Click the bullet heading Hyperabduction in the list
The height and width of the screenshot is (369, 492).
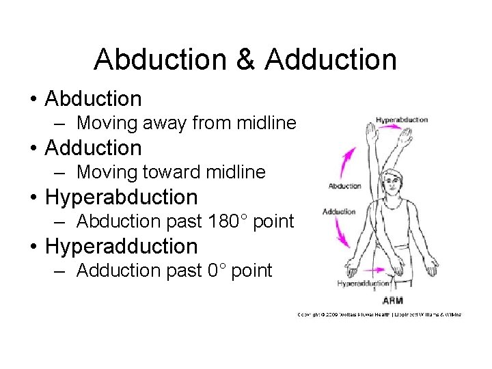[121, 197]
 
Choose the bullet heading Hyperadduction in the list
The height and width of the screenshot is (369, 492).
[121, 246]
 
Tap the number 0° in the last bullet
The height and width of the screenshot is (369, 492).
[216, 271]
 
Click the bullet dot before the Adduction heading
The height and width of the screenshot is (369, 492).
[33, 148]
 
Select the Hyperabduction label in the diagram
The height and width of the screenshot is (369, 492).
[401, 120]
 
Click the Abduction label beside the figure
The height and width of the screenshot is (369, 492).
[345, 186]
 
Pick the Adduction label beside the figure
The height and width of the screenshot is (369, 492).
[339, 212]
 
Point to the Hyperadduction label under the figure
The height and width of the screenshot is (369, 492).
[364, 283]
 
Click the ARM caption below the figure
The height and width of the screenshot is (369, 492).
[392, 301]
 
